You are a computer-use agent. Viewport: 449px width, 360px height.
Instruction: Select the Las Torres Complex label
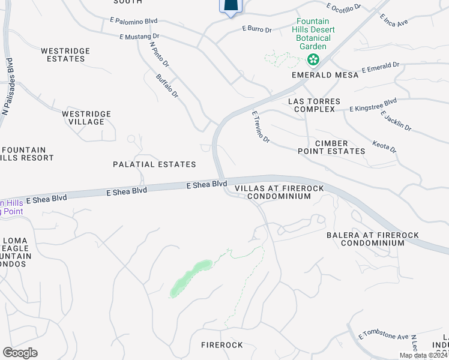(x=314, y=105)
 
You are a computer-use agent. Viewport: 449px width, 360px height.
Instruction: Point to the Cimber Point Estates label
(x=331, y=147)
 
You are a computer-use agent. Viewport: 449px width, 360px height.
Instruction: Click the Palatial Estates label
(x=154, y=164)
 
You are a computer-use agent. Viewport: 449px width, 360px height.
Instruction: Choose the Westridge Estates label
(x=65, y=55)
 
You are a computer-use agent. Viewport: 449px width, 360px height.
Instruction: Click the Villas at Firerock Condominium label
(x=279, y=192)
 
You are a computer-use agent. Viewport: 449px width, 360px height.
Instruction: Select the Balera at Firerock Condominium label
(x=372, y=239)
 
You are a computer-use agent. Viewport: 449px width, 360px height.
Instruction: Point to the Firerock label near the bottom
(x=221, y=345)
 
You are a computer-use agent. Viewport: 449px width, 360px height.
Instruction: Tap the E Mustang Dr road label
(x=139, y=37)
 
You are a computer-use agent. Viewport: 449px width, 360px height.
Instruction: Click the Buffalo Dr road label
(x=167, y=86)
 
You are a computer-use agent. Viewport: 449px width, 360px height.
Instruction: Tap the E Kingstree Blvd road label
(x=373, y=105)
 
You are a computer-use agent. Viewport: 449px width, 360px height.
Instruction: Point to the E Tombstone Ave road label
(x=383, y=337)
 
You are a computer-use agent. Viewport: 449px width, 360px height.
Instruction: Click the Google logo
(x=20, y=353)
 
